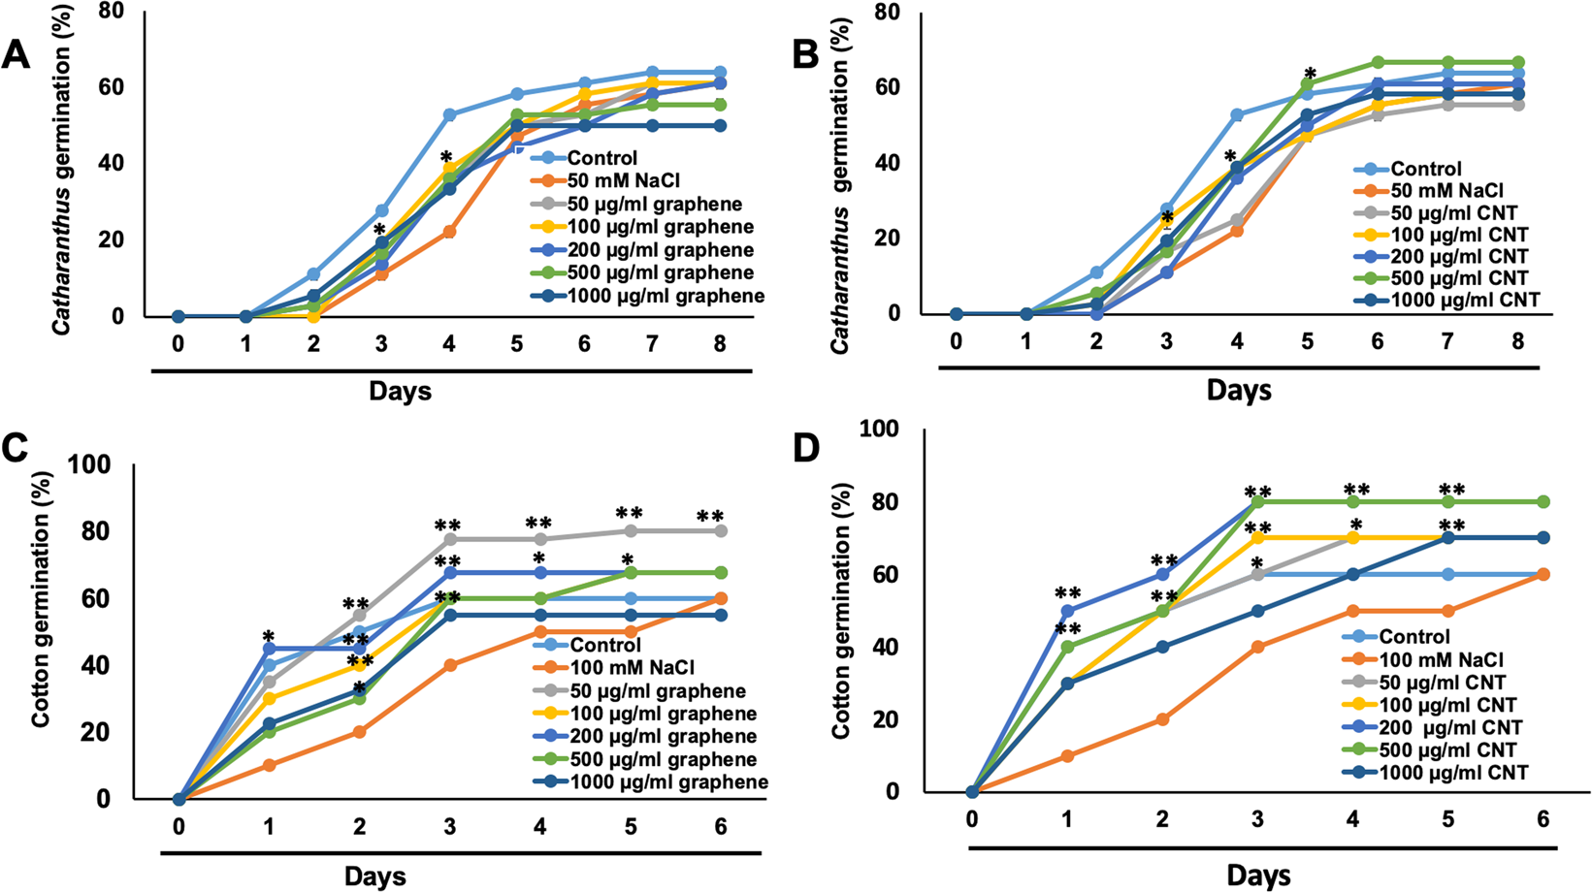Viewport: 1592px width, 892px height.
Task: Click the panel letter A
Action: tap(16, 55)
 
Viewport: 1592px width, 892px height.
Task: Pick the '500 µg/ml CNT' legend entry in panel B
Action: tap(1459, 278)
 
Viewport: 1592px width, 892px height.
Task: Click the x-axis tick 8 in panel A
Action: tap(719, 345)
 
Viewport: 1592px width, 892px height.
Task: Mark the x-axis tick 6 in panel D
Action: tap(1543, 819)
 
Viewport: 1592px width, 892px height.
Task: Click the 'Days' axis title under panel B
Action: tap(1239, 390)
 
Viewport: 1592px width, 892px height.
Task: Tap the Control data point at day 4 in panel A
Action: tap(449, 115)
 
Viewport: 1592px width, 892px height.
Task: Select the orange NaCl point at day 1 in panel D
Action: tap(1067, 755)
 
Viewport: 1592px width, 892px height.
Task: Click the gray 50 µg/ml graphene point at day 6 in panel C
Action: tap(720, 531)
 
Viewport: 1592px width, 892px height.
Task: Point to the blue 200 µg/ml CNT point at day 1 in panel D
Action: tap(1067, 611)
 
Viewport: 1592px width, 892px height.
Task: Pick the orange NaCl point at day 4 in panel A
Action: tap(449, 232)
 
